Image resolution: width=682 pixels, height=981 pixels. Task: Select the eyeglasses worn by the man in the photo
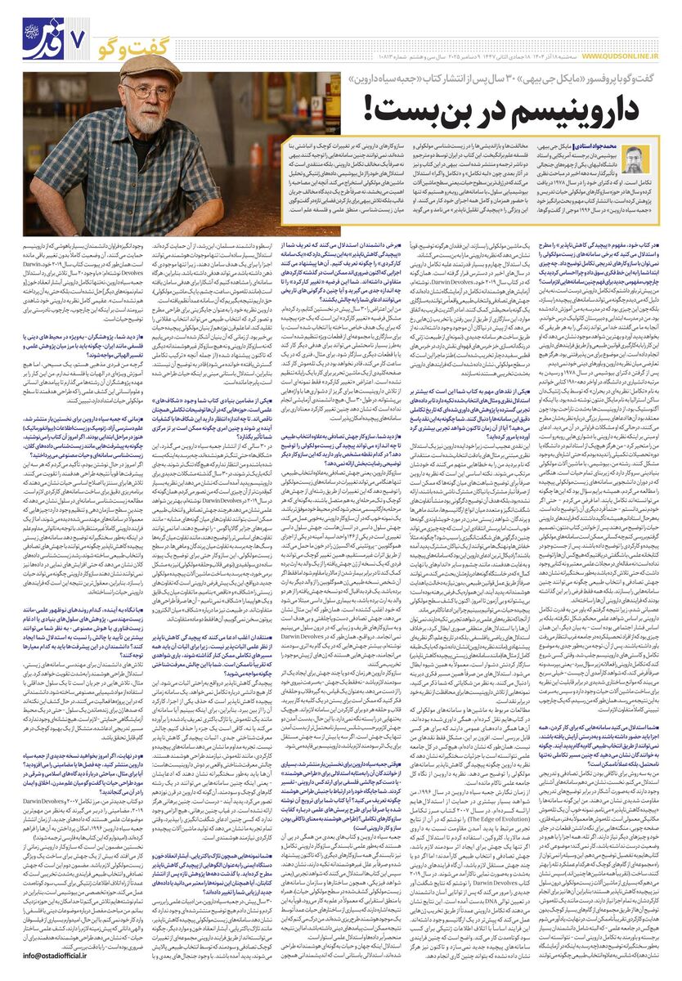148,92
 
